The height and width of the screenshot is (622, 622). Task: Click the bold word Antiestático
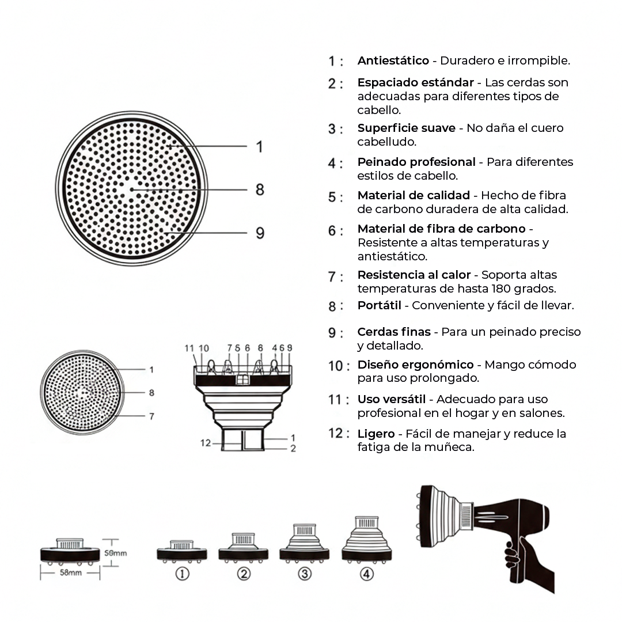pos(393,60)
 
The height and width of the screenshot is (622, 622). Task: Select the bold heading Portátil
pos(379,305)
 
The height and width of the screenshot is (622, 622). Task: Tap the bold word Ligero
pos(376,434)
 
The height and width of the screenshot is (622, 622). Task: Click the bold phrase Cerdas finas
pos(393,332)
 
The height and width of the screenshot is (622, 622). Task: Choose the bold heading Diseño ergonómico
pos(415,365)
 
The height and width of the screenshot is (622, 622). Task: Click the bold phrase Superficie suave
pos(406,128)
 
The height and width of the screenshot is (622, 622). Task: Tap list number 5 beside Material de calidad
pos(335,197)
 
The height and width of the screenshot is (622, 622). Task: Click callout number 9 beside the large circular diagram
pos(260,233)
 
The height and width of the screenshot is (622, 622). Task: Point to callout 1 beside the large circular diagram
pos(260,147)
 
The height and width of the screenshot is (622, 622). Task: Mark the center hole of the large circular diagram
pos(131,189)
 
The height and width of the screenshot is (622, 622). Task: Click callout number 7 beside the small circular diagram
pos(151,416)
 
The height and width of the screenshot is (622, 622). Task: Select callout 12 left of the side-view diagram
pos(206,443)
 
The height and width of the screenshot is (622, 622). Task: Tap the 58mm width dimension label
pos(70,573)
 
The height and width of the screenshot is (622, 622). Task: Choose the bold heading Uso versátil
pos(391,399)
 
